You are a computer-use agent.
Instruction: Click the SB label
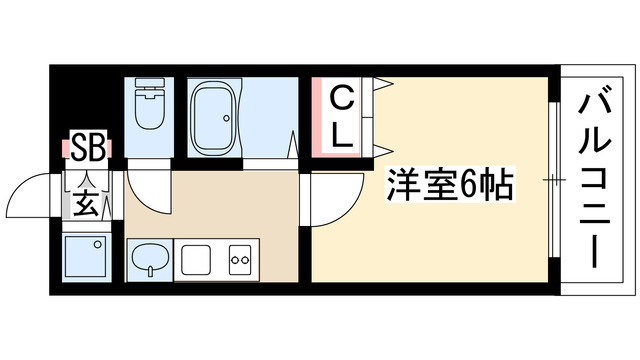click(x=89, y=148)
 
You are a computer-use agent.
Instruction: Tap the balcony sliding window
click(x=553, y=180)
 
